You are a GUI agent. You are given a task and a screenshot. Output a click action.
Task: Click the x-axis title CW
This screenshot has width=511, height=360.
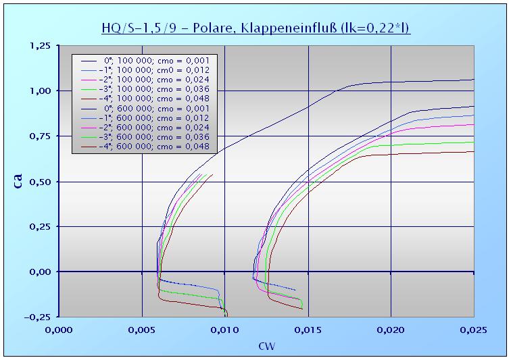(266, 346)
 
